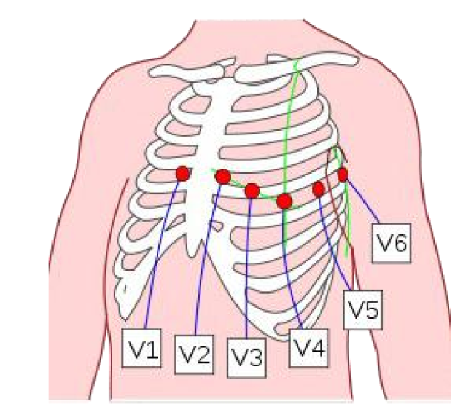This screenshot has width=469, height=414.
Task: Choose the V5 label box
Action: click(x=362, y=311)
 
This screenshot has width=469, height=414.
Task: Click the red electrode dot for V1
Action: click(x=183, y=174)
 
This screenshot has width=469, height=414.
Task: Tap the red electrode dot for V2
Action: click(x=223, y=176)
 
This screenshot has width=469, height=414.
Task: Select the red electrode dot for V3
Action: click(x=252, y=191)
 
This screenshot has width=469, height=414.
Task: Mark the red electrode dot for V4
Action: click(x=284, y=201)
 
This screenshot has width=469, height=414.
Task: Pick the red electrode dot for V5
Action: click(x=319, y=189)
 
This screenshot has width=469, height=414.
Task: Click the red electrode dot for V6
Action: click(x=343, y=175)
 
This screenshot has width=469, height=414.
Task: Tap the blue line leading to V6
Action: click(x=361, y=204)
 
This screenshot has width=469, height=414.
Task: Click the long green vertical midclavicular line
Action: click(x=288, y=126)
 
